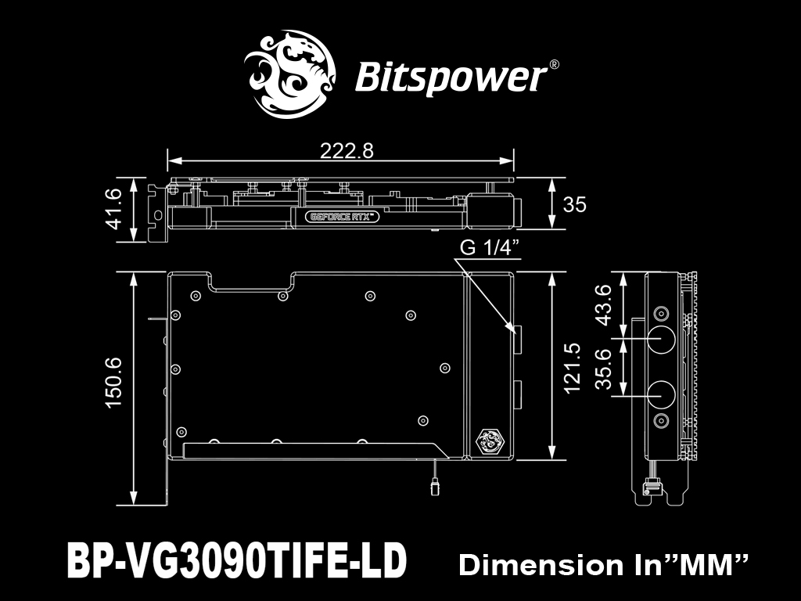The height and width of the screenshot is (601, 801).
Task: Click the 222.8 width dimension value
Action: click(x=347, y=151)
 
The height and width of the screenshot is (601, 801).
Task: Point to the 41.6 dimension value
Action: click(x=113, y=208)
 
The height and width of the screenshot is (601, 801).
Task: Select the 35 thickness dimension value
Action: click(x=575, y=204)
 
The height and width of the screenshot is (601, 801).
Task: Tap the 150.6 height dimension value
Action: click(x=113, y=382)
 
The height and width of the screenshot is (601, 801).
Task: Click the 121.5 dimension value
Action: click(x=573, y=368)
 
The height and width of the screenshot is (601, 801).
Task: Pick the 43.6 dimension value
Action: click(x=603, y=305)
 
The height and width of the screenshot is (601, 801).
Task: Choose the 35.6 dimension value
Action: click(x=603, y=369)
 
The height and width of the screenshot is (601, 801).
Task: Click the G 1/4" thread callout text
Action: click(x=490, y=247)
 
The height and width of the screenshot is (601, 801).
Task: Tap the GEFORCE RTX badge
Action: click(x=343, y=217)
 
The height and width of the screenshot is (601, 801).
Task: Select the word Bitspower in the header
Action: click(x=451, y=77)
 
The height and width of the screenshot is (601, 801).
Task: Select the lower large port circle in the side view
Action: click(x=661, y=395)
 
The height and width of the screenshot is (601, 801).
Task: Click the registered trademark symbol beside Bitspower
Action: click(x=553, y=65)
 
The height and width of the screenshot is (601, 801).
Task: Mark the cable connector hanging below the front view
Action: click(x=435, y=486)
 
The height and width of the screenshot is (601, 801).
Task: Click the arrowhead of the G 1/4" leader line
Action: click(x=510, y=328)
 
